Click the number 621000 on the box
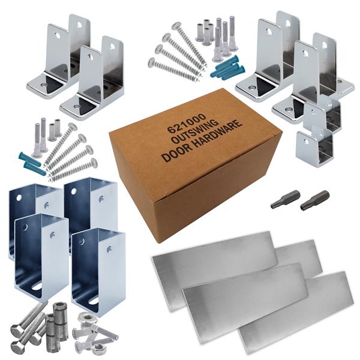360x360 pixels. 186,124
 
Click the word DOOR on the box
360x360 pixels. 176,152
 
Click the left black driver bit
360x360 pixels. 285,199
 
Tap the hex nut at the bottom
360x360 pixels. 99,347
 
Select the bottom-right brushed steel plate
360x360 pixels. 296,314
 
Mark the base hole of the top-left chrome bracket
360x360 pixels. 43,85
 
